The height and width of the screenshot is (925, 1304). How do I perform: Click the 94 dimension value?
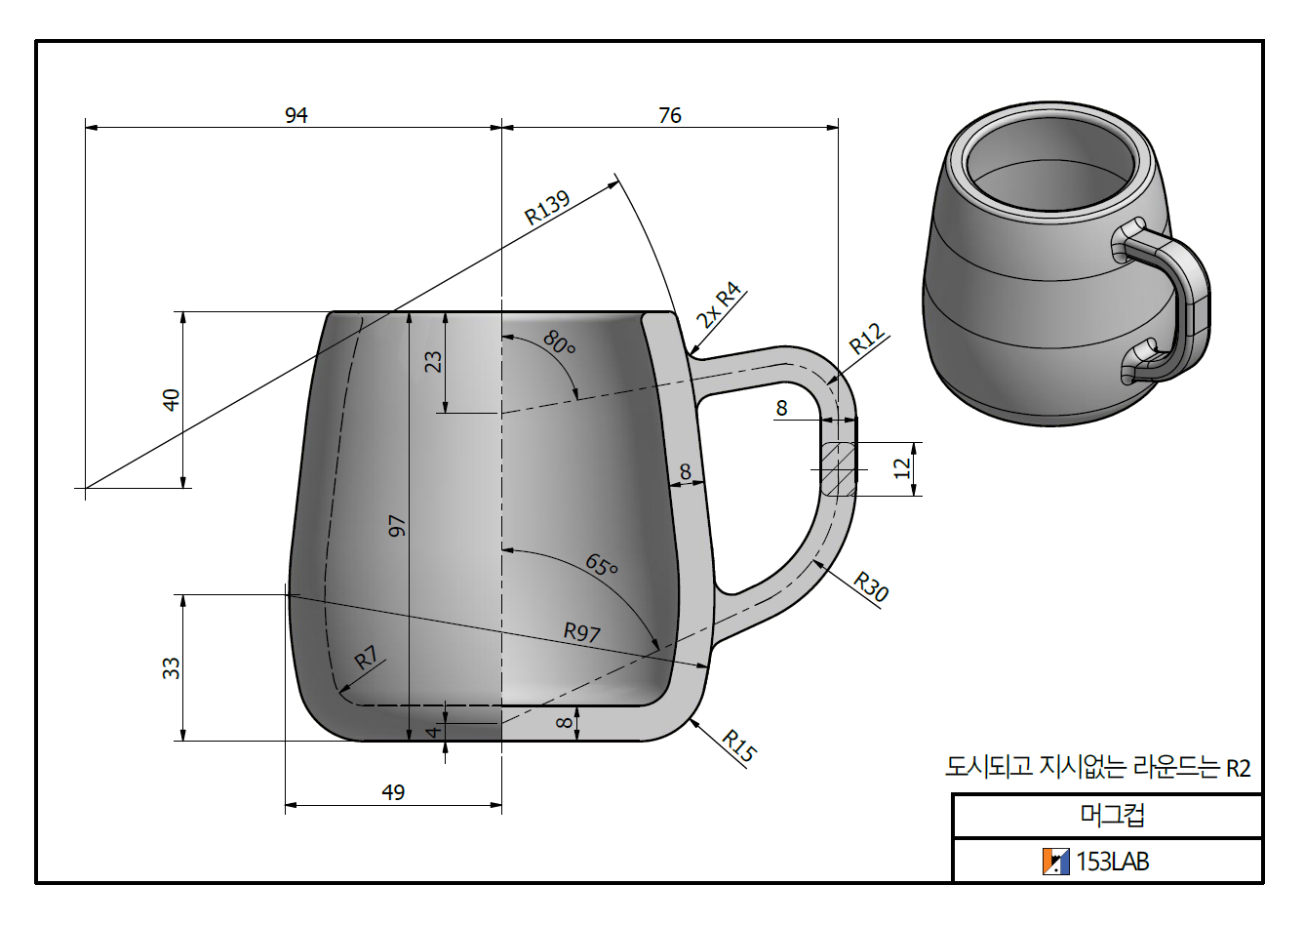point(296,115)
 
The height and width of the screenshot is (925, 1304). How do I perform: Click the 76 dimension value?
point(669,115)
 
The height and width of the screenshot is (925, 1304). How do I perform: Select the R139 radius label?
point(546,208)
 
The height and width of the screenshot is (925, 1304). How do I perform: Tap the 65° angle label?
point(602,564)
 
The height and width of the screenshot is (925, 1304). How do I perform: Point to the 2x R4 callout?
point(719,304)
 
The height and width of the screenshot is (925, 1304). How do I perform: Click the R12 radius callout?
point(867,339)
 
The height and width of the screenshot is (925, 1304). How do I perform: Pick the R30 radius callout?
point(871,586)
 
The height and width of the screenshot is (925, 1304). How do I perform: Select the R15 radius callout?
point(738,745)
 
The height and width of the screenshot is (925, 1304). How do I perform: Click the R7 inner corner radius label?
point(366,658)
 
